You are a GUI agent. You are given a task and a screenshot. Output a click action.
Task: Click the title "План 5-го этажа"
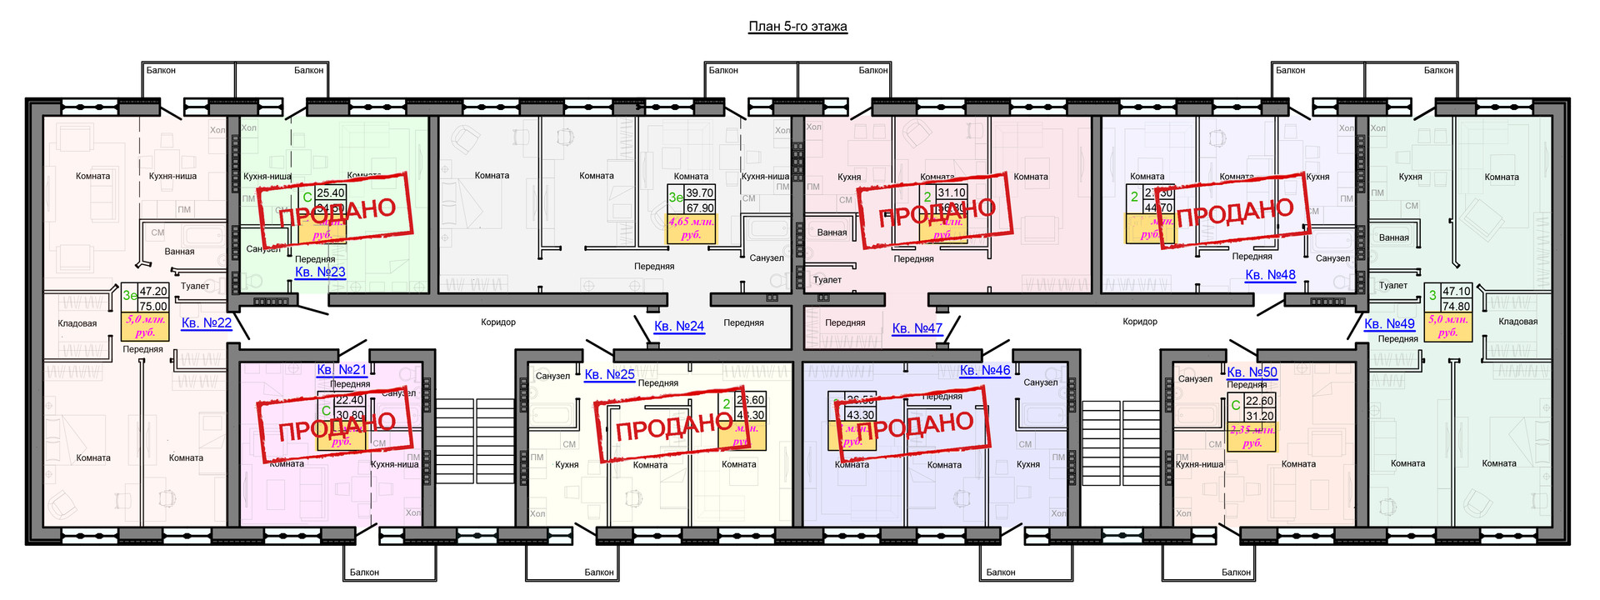click(797, 27)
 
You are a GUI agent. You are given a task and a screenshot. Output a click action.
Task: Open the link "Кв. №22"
click(207, 322)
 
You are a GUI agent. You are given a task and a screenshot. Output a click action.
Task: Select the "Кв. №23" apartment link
click(320, 272)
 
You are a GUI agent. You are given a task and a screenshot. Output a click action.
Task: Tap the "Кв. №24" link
click(679, 326)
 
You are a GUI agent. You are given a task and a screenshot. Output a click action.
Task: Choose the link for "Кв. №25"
click(609, 374)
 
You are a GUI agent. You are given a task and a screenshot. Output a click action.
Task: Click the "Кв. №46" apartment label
click(984, 370)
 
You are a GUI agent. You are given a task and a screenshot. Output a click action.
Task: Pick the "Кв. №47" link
click(917, 328)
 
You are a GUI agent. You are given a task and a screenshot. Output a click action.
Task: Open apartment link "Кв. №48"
click(1270, 274)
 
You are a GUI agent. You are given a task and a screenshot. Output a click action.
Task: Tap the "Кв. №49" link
click(1389, 323)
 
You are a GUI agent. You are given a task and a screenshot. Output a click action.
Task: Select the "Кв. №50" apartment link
click(1252, 372)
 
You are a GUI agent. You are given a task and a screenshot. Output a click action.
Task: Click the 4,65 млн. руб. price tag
click(691, 228)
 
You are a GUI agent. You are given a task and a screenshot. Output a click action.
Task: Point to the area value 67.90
click(700, 207)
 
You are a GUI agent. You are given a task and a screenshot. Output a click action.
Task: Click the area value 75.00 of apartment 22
click(153, 306)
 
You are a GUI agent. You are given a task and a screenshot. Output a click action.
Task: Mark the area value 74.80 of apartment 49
click(1456, 306)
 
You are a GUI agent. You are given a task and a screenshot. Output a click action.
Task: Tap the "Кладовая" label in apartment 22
click(77, 323)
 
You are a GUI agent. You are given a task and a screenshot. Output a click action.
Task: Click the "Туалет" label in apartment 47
click(827, 280)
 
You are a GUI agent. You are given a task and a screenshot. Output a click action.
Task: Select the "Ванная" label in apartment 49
click(1393, 237)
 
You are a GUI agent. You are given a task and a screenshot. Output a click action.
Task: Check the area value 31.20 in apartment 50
click(1259, 416)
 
